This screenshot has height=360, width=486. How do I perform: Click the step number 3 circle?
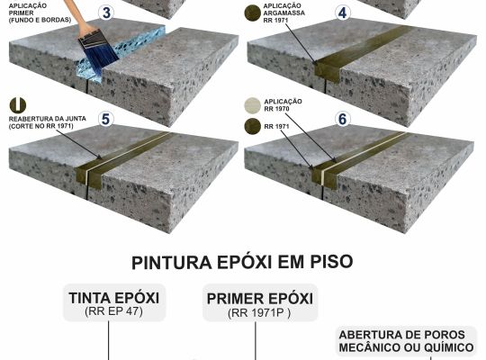coord(106,13)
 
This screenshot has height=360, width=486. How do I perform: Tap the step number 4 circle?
coord(342,13)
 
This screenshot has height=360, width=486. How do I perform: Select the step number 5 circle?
coord(105,119)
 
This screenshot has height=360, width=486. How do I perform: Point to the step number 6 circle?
coord(343,119)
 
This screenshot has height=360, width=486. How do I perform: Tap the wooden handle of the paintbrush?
coord(77,15)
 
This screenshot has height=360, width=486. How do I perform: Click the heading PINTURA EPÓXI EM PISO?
coord(242,262)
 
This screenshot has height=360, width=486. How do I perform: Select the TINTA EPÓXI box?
coord(114,302)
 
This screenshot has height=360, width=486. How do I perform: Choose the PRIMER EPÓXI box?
coord(260,302)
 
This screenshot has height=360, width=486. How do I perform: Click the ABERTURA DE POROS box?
coord(406,341)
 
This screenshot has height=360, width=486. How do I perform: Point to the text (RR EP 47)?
coord(113,311)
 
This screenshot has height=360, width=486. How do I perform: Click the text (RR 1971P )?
coord(259,313)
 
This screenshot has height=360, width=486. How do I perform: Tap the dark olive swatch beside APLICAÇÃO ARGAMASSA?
coord(253,13)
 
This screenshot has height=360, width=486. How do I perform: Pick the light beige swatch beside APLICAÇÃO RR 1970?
coord(253,105)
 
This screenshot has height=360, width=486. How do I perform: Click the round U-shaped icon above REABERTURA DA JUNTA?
coord(18,105)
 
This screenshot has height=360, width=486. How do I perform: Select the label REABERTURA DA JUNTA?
coord(48,119)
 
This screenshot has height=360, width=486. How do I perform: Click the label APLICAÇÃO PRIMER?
coord(28,10)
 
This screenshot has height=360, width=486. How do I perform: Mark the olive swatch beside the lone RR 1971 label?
coord(253,126)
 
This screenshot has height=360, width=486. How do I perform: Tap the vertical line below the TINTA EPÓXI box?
coord(109,340)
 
